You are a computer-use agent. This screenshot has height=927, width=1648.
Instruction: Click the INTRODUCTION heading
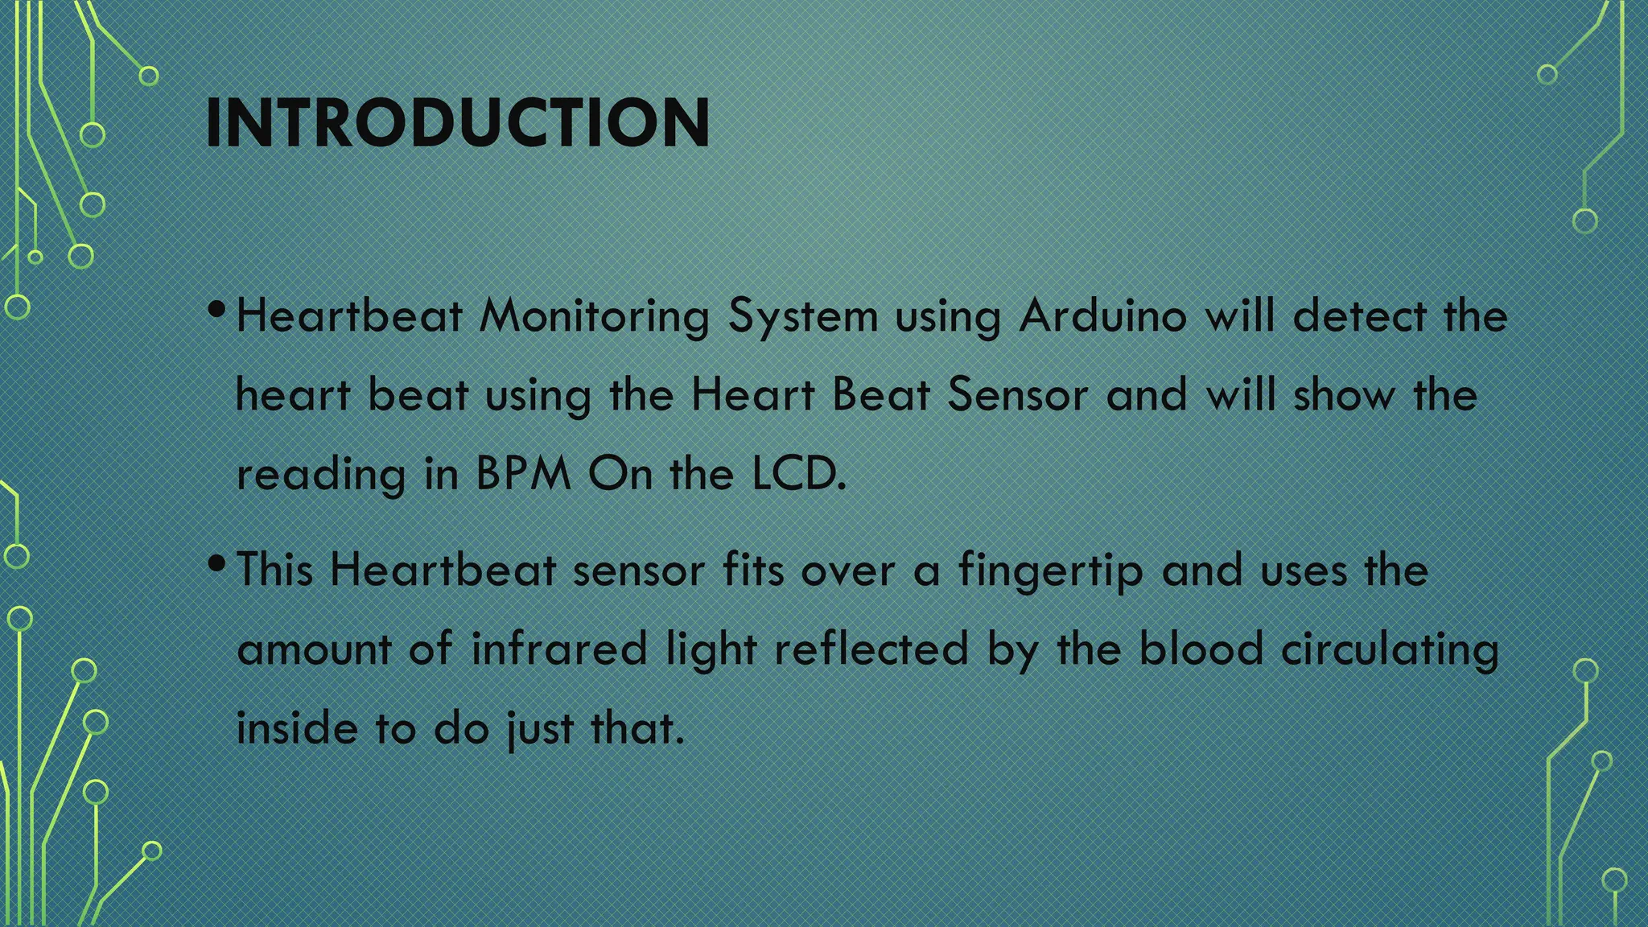coord(457,123)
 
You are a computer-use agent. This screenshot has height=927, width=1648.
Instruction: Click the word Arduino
coord(1102,315)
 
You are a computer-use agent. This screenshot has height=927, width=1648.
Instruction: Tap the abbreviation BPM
coord(523,474)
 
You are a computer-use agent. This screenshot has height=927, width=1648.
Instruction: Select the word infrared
coord(559,649)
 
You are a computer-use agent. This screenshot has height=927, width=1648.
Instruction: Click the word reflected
coord(871,649)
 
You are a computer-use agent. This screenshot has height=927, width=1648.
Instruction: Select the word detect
coord(1359,315)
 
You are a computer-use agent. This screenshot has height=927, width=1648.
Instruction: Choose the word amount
coord(314,649)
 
